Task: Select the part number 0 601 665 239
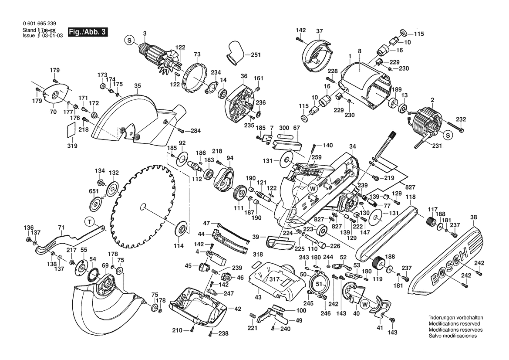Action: (39, 24)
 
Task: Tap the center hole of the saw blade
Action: (143, 207)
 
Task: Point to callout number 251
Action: (256, 55)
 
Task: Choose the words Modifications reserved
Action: (454, 324)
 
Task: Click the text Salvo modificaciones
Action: (452, 336)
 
